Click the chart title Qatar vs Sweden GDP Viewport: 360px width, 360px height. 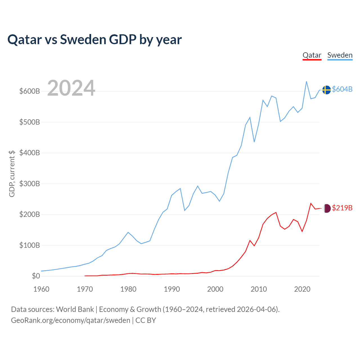click(94, 40)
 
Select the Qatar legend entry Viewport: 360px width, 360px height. click(312, 55)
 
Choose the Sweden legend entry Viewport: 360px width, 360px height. click(340, 55)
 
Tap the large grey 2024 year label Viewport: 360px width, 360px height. click(71, 88)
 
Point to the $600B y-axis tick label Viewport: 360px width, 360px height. click(30, 91)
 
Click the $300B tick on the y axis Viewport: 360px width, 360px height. click(30, 184)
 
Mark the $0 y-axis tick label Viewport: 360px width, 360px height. click(36, 276)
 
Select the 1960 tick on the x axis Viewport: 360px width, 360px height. click(41, 289)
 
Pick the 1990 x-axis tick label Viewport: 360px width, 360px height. click(172, 289)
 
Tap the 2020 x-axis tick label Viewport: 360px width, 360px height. click(302, 289)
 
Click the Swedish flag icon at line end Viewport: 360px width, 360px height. click(326, 90)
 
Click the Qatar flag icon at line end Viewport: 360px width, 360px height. click(326, 208)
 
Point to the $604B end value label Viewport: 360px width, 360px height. click(342, 89)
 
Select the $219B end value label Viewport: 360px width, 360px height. click(342, 208)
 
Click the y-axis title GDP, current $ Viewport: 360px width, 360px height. click(12, 174)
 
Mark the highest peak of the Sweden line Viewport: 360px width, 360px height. click(306, 82)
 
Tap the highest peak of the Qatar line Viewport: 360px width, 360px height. click(311, 203)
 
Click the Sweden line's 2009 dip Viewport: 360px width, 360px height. click(254, 142)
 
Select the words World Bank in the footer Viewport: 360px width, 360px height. click(75, 309)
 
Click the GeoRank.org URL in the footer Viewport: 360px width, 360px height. click(71, 320)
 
